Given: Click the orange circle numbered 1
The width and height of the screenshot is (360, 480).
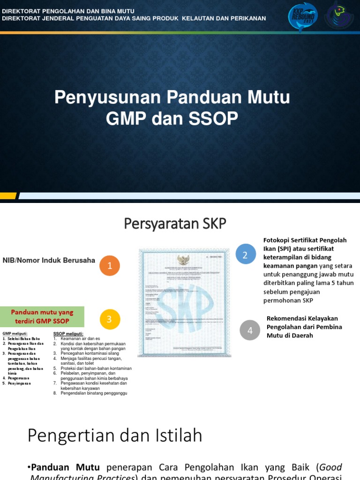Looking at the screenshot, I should point(110,266).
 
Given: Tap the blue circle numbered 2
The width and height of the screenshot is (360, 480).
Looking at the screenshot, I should point(246,254).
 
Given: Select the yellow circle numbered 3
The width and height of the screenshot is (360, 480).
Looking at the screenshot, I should point(110,319).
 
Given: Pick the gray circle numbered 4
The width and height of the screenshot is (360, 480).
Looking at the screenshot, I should point(250,330).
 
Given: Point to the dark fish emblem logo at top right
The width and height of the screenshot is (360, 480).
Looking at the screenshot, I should point(339,16).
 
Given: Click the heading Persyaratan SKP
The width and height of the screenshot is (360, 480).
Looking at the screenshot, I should point(175,224).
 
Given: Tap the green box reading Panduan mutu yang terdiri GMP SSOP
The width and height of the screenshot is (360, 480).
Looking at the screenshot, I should point(42,316).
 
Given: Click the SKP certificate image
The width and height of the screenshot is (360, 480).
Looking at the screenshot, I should point(184,302).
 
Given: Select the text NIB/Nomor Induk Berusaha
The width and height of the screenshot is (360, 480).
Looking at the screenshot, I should point(49,260).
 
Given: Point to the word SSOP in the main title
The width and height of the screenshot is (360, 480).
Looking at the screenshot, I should point(214,119).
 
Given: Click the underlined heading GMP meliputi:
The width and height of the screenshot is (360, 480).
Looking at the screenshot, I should point(15,333).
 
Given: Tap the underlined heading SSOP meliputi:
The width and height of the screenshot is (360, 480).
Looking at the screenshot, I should point(68,333).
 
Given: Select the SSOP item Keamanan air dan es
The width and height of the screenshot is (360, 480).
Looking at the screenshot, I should point(80,338).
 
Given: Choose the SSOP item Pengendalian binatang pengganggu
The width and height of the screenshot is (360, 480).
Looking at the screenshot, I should point(94,393).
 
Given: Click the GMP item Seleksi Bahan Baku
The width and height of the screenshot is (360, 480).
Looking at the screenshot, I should point(23,338).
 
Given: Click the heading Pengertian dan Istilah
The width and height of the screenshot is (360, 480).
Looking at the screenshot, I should point(115,435).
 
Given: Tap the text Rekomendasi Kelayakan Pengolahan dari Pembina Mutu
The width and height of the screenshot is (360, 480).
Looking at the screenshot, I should point(304,327).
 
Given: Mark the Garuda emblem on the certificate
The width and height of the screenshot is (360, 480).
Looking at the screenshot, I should point(183,259).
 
